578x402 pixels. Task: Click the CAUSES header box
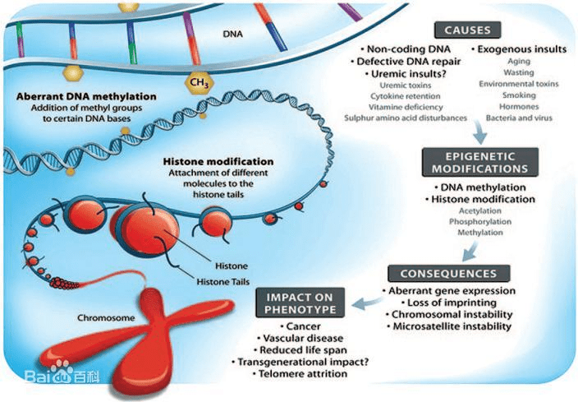[467, 30]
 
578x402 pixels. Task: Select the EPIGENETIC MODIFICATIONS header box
[480, 162]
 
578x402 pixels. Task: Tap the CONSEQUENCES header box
[448, 273]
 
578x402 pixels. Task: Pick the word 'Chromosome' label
[104, 317]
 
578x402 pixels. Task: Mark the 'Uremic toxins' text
[394, 85]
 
